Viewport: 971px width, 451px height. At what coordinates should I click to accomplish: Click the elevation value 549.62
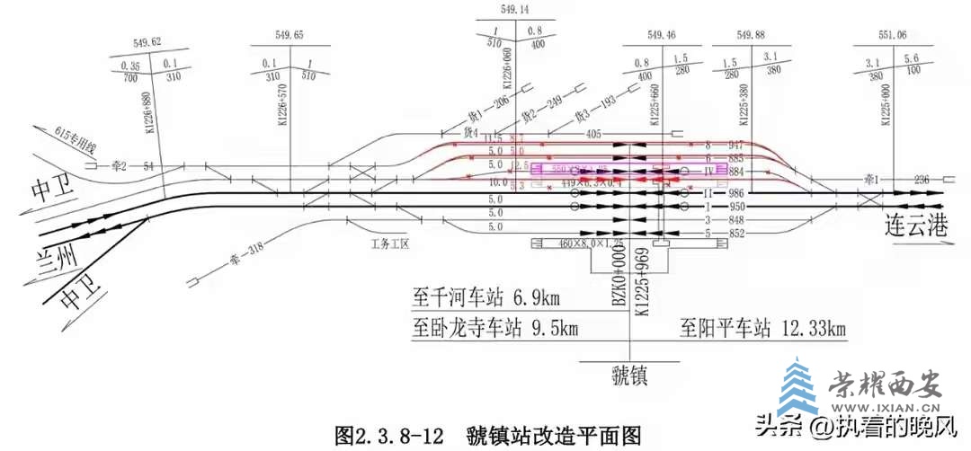pos(147,42)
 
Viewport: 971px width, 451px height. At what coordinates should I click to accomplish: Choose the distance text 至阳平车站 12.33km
pos(762,328)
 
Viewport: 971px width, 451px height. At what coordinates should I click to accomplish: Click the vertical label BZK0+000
pos(619,279)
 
